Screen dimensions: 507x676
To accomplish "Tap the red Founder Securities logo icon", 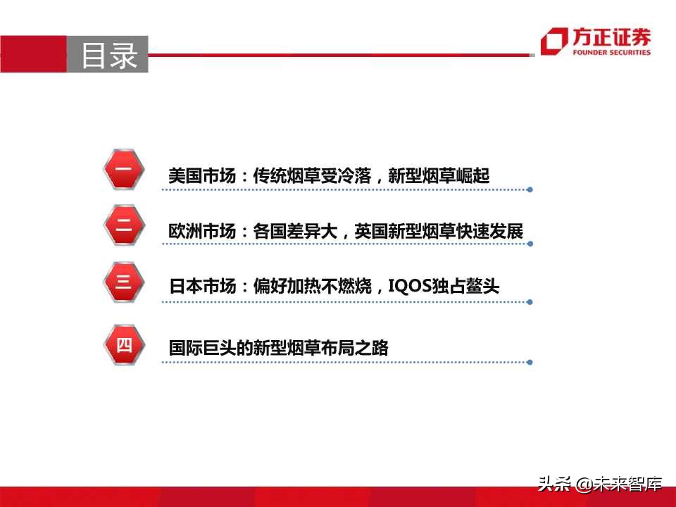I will click(553, 42).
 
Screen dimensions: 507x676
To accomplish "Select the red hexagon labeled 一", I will click(123, 170).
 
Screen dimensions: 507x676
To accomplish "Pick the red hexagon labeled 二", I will click(123, 226).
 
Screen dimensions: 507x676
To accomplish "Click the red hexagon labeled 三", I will click(123, 283).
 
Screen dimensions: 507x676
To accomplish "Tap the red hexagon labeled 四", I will click(123, 344).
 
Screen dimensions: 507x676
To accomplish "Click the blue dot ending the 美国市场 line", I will click(530, 189).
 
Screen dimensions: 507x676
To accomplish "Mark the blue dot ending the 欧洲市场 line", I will click(530, 244).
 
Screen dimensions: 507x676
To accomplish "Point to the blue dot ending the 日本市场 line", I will click(530, 302).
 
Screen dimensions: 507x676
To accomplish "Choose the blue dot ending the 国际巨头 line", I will click(530, 363).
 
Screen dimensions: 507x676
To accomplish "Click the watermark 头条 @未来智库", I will click(600, 484).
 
